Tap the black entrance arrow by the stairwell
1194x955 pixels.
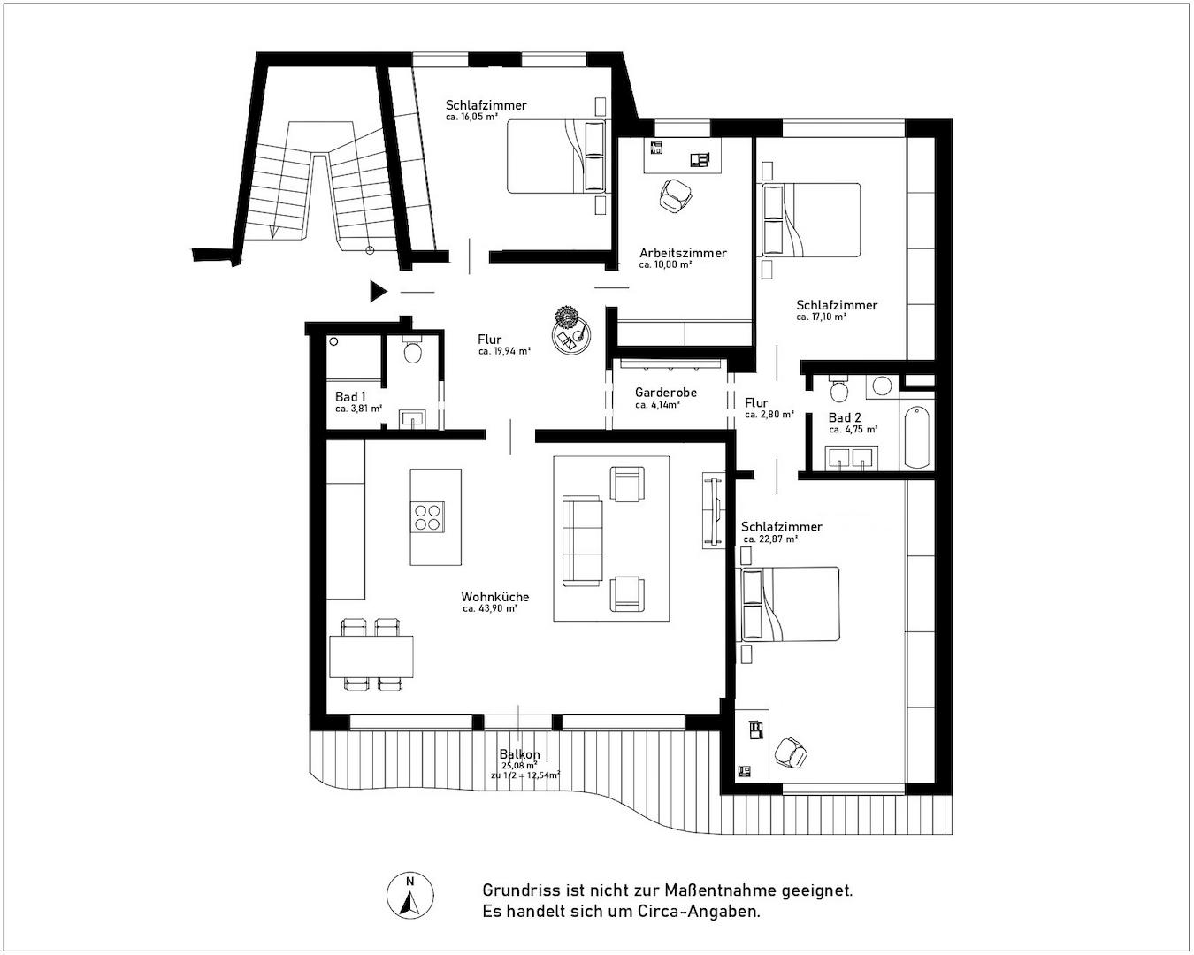pos(379,291)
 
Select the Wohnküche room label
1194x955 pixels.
pos(494,597)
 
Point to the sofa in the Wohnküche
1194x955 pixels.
pos(582,540)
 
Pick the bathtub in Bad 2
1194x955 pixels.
pos(916,435)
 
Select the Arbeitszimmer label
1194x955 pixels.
pos(683,253)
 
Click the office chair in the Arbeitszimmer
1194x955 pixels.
pos(677,194)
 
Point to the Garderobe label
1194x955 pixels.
pos(666,393)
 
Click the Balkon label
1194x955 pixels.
pos(519,754)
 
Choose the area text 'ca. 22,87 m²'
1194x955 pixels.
pos(770,539)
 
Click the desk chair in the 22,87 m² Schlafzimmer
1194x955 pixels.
pos(790,753)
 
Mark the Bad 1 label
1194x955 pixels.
pos(350,396)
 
